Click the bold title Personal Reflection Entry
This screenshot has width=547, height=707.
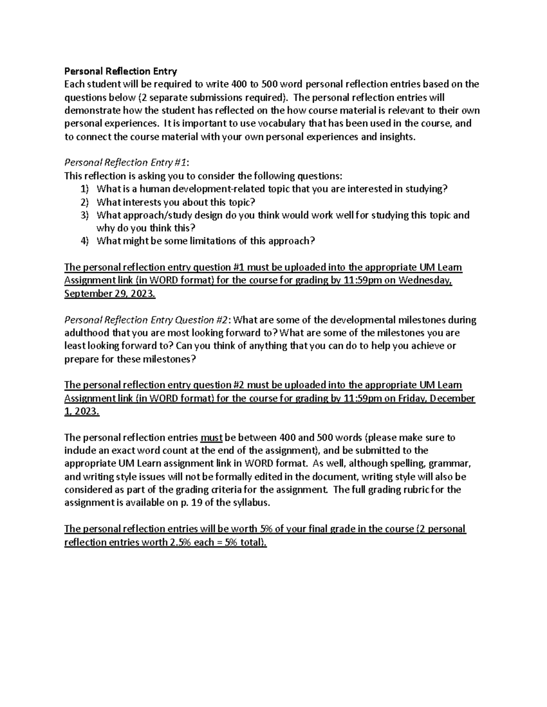120,71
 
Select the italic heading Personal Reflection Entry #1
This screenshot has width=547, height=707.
125,163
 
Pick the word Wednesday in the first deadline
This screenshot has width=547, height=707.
425,280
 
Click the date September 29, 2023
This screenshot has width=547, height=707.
109,294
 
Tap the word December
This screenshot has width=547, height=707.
453,398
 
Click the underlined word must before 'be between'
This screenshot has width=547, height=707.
211,437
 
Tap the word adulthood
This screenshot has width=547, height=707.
86,333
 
